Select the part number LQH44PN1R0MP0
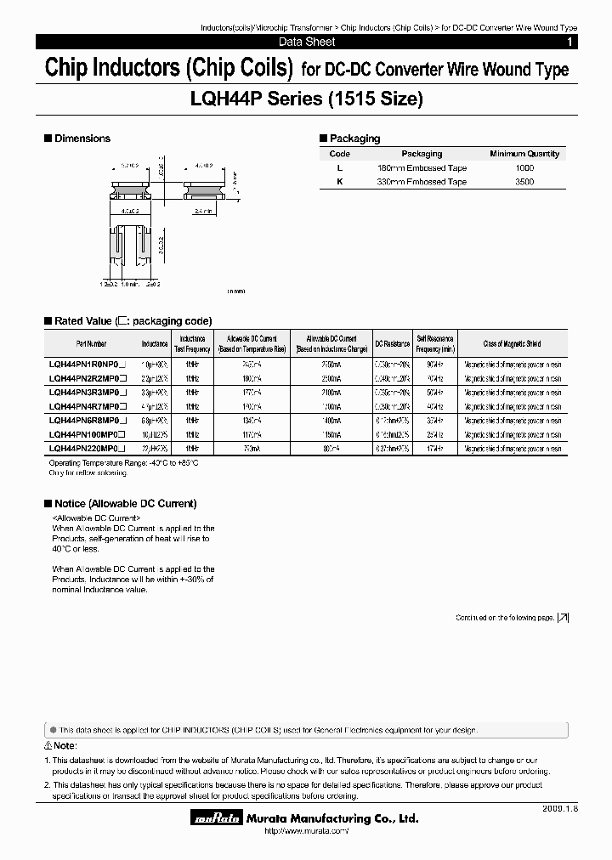click(87, 364)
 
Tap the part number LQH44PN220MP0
click(87, 447)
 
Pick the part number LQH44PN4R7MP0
click(87, 406)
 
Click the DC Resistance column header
click(393, 343)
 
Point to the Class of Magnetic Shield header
click(512, 343)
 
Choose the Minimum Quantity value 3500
click(524, 182)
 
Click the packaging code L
click(339, 168)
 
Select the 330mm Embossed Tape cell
click(422, 182)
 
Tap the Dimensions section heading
click(82, 139)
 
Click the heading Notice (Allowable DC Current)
click(125, 504)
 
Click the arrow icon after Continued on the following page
click(563, 618)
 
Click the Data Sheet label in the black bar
click(307, 42)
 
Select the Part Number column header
click(91, 343)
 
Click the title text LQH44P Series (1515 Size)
click(305, 99)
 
